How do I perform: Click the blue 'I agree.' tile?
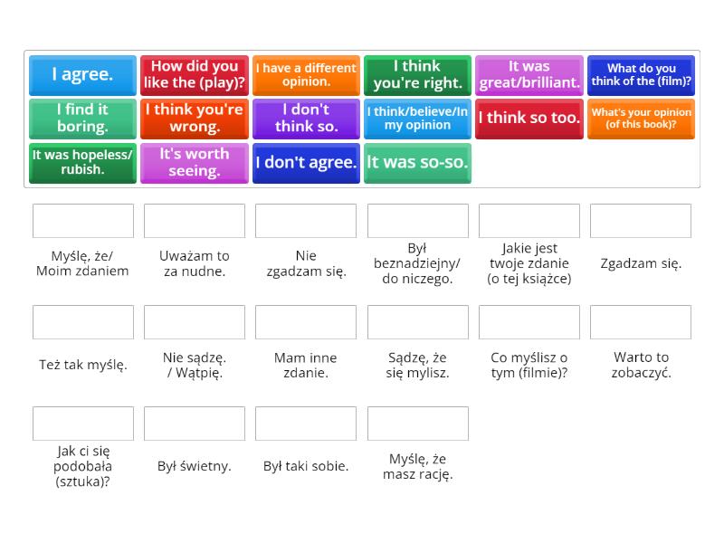pos(82,75)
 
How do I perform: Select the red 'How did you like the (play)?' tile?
pos(195,75)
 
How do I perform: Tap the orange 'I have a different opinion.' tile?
pos(306,75)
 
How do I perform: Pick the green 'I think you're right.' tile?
pos(417,75)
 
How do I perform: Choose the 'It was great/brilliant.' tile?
pos(529,75)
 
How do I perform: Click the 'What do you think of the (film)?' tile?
pos(641,75)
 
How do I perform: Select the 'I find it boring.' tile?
pos(82,119)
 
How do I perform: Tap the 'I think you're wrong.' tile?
pos(195,119)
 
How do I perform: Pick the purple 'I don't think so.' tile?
pos(306,119)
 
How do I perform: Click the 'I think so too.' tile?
pos(529,119)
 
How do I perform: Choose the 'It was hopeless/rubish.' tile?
pos(82,163)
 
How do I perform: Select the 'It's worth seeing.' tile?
pos(195,163)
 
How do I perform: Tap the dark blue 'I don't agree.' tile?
pos(306,163)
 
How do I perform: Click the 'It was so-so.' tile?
pos(417,163)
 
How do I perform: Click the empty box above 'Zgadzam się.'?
pos(641,221)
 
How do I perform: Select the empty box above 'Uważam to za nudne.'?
pos(195,221)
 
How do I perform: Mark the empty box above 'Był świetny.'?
pos(195,424)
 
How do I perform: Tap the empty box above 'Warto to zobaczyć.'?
pos(641,322)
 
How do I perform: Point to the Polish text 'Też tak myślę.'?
pos(83,365)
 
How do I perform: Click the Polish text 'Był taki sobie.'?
pos(306,466)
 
